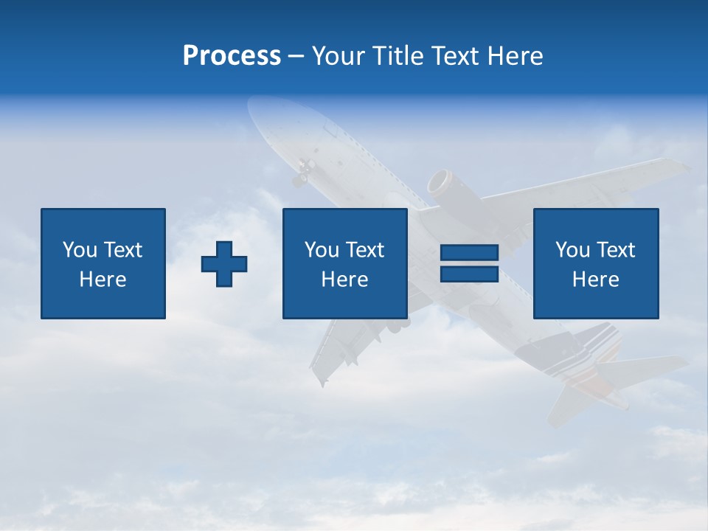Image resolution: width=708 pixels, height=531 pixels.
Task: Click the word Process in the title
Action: pos(232,56)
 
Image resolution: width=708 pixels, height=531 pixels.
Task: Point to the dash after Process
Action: pos(296,57)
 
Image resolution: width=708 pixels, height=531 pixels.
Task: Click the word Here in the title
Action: pos(515,56)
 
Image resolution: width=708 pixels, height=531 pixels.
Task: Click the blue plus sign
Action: pos(224,264)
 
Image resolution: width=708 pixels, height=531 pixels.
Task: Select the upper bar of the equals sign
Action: pos(469,253)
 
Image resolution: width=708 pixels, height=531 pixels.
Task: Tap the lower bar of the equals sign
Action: pos(469,274)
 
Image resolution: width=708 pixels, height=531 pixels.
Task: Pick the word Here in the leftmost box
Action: pos(103,280)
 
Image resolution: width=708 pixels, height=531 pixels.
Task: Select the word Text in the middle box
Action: pos(365,250)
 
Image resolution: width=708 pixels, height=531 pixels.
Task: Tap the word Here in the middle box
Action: pos(344,280)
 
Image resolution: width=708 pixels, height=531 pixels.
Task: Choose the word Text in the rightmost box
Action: pos(616,250)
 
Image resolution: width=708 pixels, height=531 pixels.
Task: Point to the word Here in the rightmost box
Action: pos(595,280)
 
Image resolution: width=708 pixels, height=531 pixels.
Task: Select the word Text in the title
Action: pos(452,56)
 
